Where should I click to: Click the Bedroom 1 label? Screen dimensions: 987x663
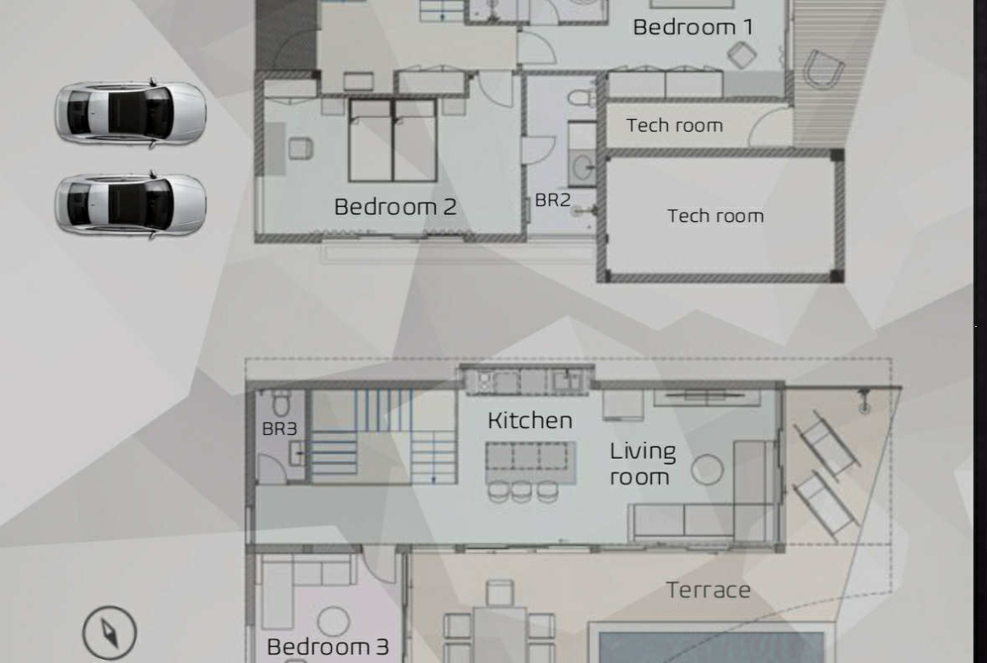693,27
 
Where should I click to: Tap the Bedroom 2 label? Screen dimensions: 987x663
396,207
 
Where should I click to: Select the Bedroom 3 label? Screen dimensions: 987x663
328,647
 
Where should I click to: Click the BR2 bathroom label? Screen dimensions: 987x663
553,200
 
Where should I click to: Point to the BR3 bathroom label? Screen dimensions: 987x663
279,428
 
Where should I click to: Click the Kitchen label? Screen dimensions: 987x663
530,421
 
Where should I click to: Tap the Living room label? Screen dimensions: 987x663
643,464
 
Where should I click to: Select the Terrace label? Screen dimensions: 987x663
708,590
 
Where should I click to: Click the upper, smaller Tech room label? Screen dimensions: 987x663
674,125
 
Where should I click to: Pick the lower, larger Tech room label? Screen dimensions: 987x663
715,216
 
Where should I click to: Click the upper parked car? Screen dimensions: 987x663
131,113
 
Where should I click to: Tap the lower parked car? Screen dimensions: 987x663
131,204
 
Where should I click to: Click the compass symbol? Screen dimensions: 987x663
110,633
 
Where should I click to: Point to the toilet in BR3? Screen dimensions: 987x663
282,403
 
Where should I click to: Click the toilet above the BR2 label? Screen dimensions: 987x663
581,98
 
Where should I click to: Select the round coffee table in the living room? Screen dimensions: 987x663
707,470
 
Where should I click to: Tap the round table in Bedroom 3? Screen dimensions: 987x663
333,622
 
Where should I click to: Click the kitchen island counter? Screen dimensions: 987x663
531,461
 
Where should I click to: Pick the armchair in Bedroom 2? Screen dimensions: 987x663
300,148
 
